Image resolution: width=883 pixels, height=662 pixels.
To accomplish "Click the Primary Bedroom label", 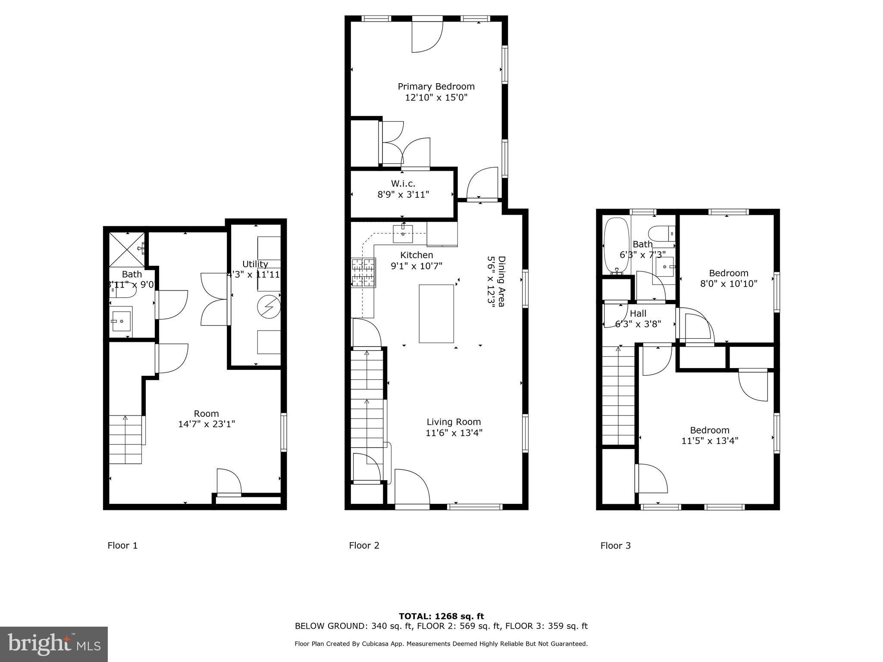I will coord(436,86).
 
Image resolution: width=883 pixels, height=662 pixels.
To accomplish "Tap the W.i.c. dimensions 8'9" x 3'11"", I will coord(403,194).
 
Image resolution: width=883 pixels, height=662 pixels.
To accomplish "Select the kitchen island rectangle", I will coord(436,313).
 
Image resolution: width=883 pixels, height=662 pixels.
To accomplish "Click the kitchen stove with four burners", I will coord(363,272).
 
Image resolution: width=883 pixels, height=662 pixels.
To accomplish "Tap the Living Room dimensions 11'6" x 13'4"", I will coord(454,433).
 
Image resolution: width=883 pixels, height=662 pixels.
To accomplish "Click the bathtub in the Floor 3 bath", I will coord(614,246).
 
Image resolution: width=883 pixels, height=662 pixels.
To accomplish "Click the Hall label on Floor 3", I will coord(638,313).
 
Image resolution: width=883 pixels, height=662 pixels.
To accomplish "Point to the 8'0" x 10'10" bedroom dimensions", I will coord(728,284).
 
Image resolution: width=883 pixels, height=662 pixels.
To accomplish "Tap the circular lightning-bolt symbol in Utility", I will coord(269,307).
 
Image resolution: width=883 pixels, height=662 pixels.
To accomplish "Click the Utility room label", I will coord(255,264).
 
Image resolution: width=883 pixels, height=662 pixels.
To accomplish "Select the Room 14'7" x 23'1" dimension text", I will coord(206,424).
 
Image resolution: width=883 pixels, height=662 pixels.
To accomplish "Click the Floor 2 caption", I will coord(364,546).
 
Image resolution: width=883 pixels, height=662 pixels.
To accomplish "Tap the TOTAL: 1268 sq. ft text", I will coord(441,616).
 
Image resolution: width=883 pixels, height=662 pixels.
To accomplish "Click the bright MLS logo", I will coord(54,644).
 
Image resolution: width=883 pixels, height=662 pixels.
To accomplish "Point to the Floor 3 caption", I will coord(615,546).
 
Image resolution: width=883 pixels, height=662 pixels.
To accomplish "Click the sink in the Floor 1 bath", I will coord(122,321).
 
